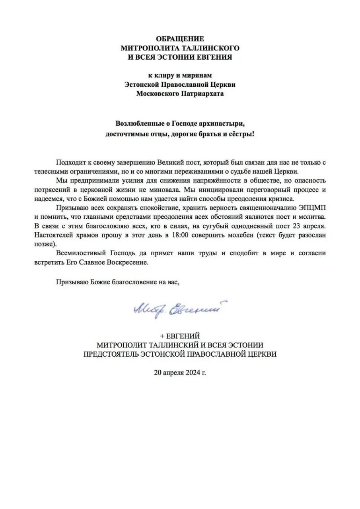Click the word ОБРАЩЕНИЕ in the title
[180, 39]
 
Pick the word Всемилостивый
[81, 253]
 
